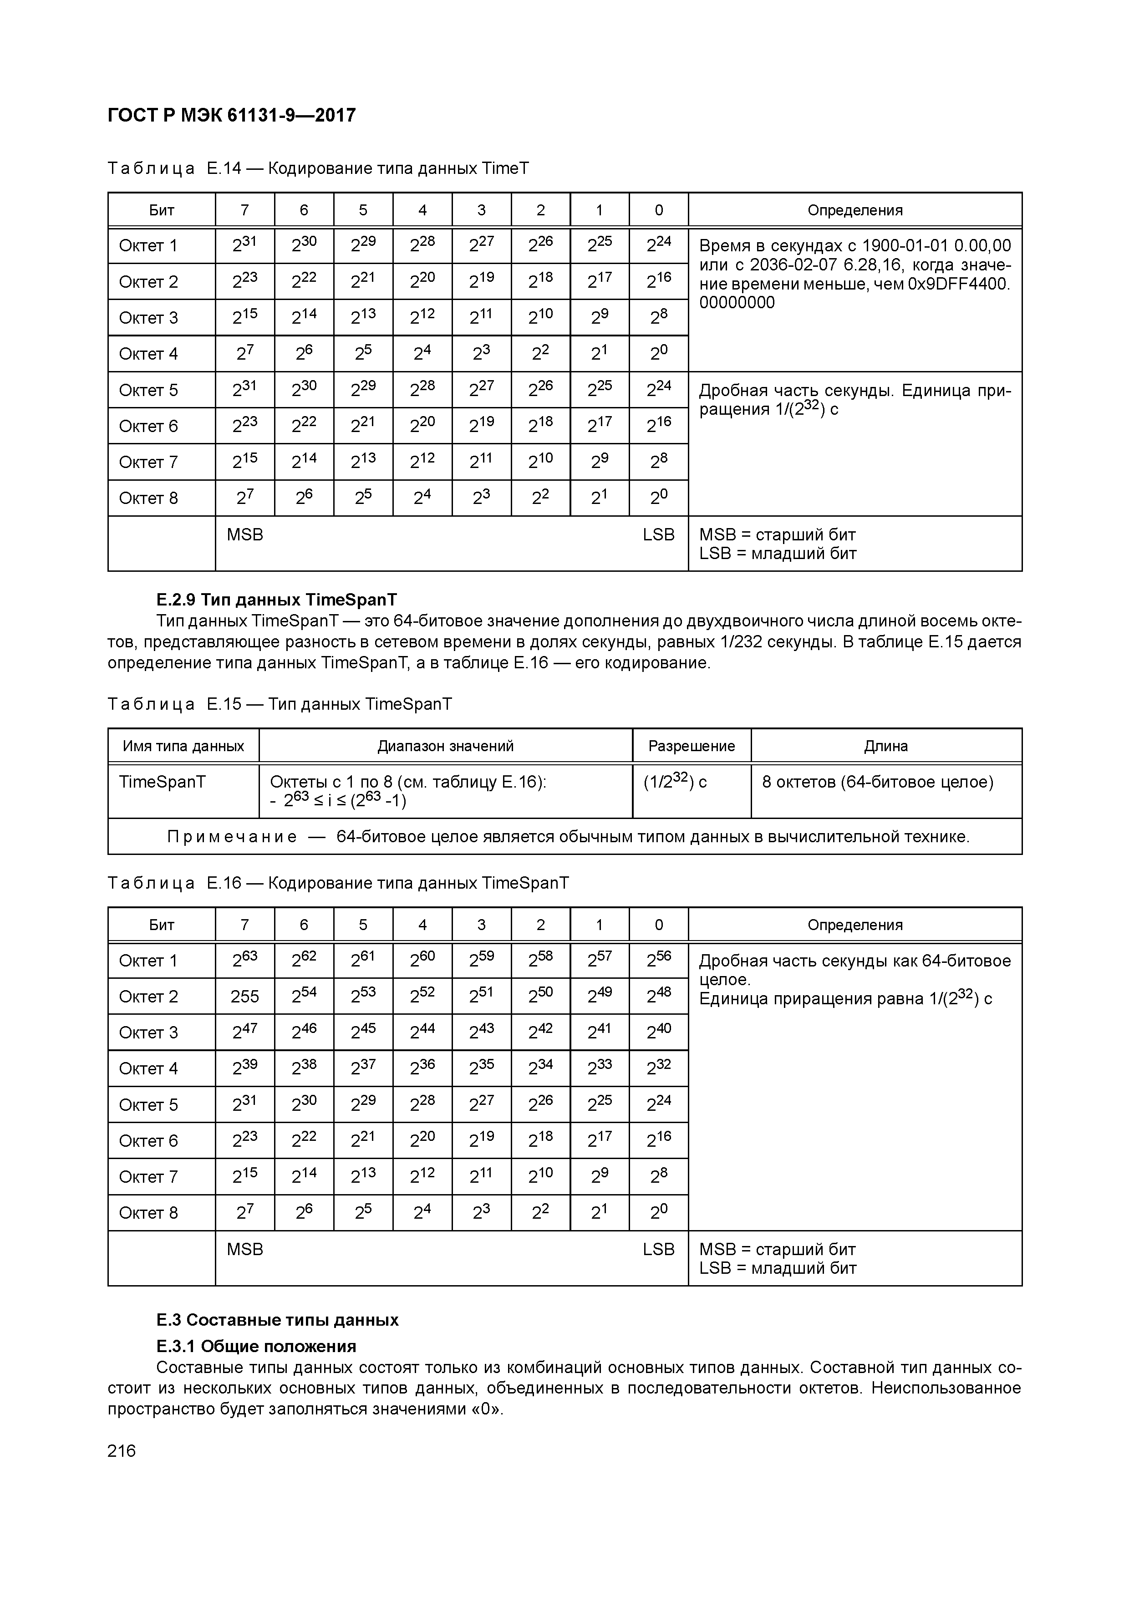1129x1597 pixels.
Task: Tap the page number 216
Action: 122,1451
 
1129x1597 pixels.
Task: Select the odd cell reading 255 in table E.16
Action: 245,997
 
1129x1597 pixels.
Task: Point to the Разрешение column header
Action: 692,746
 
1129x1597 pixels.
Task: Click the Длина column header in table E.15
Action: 885,746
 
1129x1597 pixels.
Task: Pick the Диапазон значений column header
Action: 445,746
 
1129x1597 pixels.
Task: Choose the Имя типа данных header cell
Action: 183,746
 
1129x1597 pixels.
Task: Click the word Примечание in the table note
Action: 232,837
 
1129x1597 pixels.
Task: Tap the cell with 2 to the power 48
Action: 659,997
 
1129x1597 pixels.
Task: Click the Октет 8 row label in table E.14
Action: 148,498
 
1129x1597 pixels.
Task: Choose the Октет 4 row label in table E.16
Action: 148,1069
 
